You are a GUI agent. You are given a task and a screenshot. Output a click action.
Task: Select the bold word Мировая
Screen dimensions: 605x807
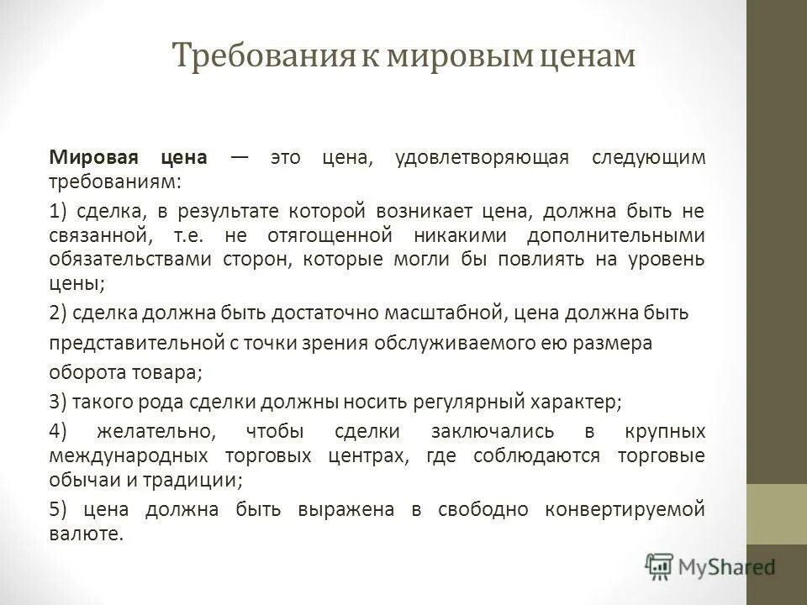(87, 159)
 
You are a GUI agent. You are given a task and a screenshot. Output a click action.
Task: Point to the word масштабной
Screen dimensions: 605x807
(444, 313)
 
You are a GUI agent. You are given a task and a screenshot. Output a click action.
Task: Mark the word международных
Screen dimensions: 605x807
(129, 456)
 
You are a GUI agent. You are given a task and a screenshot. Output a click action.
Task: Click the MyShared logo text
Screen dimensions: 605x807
(726, 568)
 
